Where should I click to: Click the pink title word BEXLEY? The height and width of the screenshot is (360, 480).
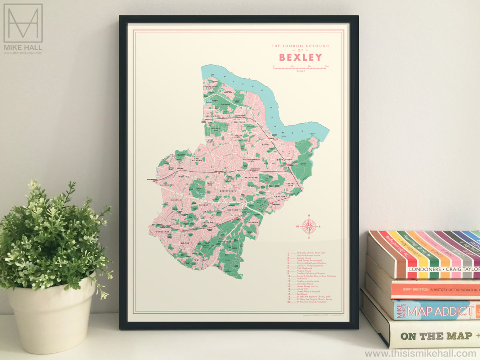click(x=300, y=57)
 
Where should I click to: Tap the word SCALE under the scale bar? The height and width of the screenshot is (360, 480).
click(x=301, y=71)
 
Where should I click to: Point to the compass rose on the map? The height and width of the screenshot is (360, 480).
click(x=309, y=227)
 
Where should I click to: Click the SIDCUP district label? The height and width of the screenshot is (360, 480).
click(x=185, y=243)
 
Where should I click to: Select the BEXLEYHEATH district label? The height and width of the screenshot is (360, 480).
click(x=229, y=192)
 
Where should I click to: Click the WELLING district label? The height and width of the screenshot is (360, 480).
click(x=184, y=176)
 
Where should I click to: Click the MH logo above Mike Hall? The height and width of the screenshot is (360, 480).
click(x=23, y=23)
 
